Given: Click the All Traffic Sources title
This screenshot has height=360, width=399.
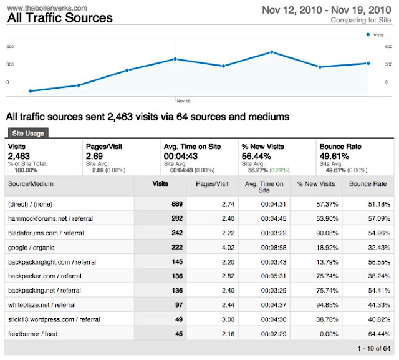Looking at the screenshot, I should click(59, 18).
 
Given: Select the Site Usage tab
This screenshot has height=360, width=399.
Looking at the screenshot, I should click(27, 133).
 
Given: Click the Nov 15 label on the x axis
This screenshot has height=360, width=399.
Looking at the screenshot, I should click(183, 100).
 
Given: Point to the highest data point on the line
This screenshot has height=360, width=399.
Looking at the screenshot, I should click(272, 52).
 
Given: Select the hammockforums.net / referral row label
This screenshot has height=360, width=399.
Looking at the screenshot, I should click(50, 218).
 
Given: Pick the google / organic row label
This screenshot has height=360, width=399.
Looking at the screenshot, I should click(31, 247).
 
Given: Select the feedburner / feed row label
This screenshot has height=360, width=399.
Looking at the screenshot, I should click(33, 334).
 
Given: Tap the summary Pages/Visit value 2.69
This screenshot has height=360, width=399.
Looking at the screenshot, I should click(94, 155).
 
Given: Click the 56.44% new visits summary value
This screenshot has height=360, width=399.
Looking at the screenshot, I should click(256, 155).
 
